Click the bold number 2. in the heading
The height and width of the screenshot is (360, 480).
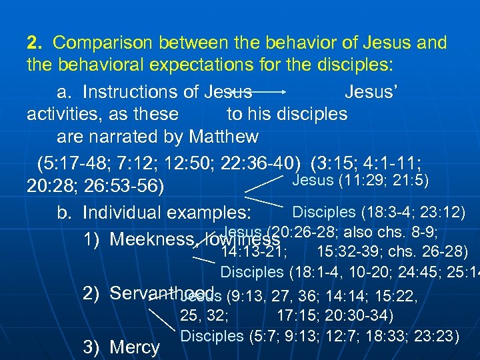pos(35,44)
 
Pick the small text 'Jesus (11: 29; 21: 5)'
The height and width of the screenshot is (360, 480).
pos(361,180)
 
